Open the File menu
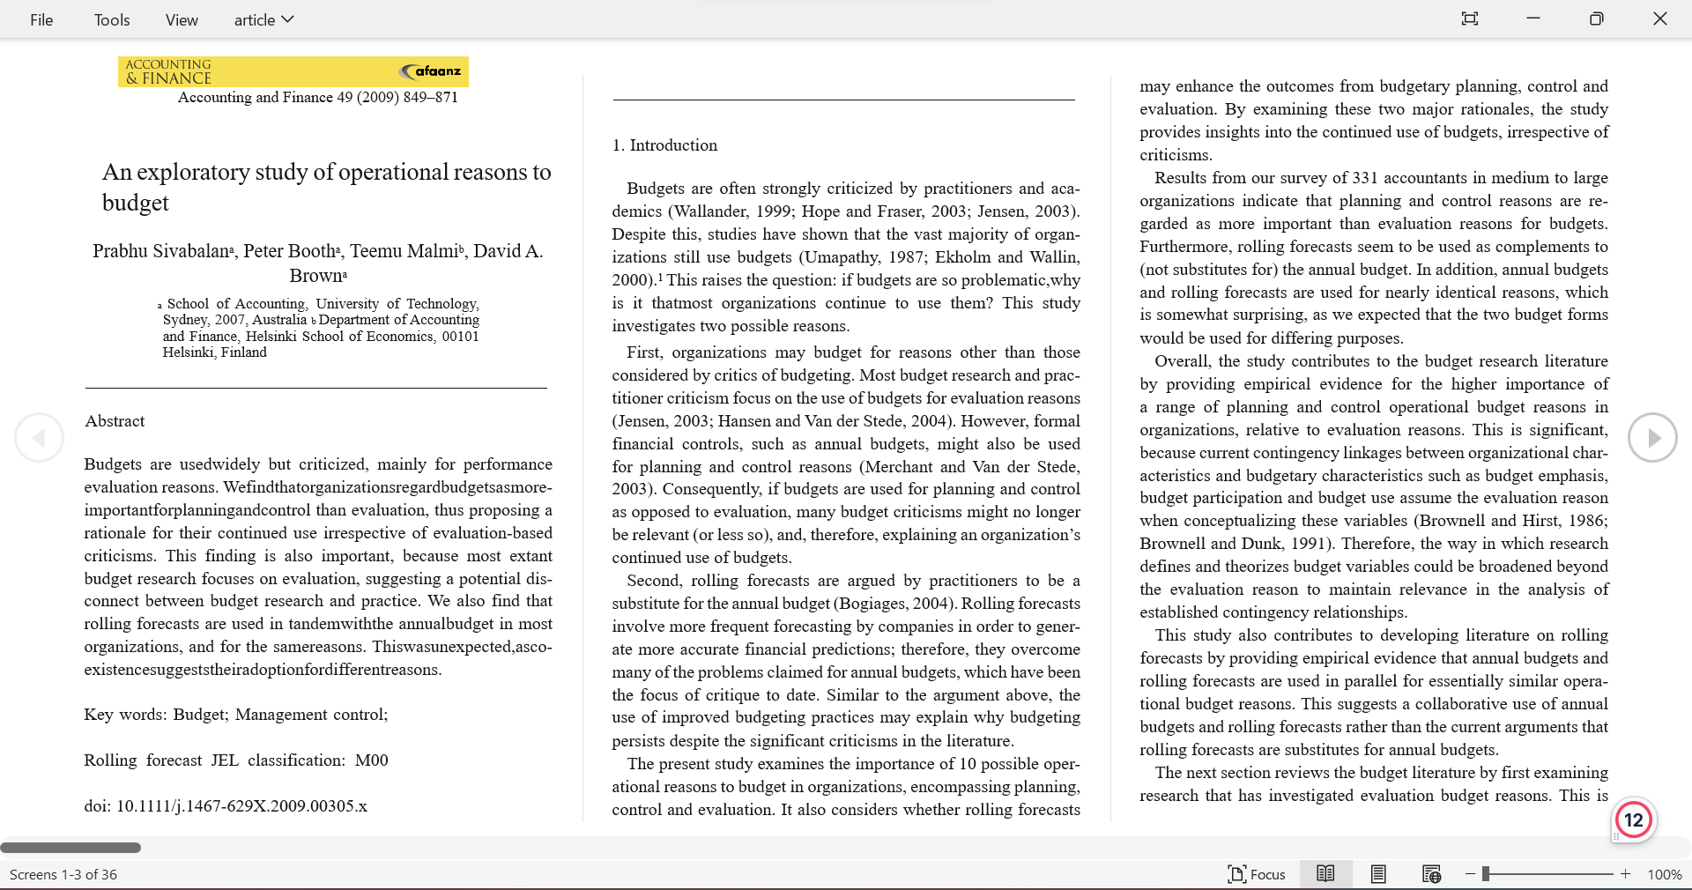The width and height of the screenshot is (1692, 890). [x=41, y=19]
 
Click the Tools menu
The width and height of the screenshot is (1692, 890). [x=112, y=19]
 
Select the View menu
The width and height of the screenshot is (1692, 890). [x=182, y=19]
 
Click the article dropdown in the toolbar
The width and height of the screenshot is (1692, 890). [x=263, y=19]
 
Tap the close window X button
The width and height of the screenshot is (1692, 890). [x=1659, y=19]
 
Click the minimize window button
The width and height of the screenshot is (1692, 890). [x=1533, y=19]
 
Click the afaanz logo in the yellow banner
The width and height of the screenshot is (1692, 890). [x=431, y=71]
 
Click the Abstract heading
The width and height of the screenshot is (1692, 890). [x=115, y=421]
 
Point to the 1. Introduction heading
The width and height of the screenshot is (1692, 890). [x=664, y=145]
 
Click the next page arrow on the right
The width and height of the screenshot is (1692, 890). [x=1651, y=437]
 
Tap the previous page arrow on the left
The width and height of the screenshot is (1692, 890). [x=39, y=437]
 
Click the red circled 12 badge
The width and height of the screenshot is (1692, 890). [x=1633, y=820]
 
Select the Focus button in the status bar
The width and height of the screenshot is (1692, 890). [x=1257, y=874]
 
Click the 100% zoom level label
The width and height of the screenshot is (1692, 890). [x=1664, y=874]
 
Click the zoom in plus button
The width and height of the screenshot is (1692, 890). [x=1626, y=874]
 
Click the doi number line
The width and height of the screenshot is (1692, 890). [x=226, y=806]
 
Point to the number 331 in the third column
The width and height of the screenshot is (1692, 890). [x=1352, y=178]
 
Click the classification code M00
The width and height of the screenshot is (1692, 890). [x=371, y=760]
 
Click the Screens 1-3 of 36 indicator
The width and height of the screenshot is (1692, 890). [x=63, y=874]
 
